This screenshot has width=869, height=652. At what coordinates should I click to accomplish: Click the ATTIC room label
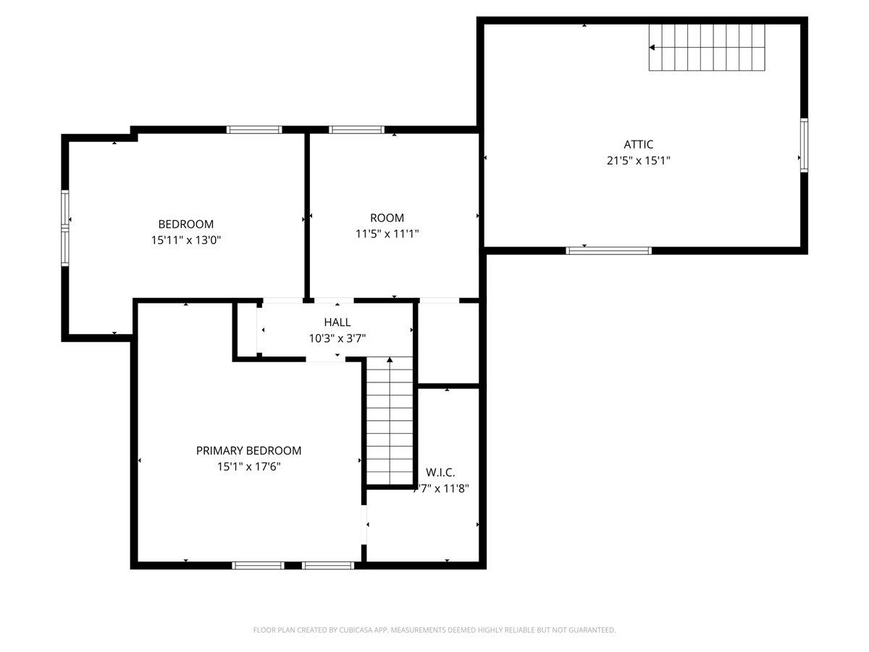tap(638, 145)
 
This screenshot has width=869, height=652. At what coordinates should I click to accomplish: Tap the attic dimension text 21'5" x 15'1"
tap(638, 161)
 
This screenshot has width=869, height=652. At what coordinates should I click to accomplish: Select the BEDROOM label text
tap(186, 225)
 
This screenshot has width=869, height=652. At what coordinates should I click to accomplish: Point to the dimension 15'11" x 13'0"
tap(186, 241)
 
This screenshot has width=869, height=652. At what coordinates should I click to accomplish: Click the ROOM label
tap(387, 218)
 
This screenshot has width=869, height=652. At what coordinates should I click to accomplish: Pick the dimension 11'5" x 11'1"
tap(387, 234)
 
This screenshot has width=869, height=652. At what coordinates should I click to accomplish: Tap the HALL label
tap(337, 322)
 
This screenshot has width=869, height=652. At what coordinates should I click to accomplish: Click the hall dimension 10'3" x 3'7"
tap(337, 338)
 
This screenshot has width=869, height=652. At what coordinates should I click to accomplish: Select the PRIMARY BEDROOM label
tap(248, 451)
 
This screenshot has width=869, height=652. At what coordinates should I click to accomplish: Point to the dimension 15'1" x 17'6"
tap(248, 467)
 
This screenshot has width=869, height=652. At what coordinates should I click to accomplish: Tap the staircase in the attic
tap(707, 47)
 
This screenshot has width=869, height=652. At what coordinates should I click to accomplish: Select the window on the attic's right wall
tap(804, 145)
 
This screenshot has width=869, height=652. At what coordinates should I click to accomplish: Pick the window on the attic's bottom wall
tap(608, 251)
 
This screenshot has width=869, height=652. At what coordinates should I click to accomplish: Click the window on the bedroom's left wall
tap(65, 227)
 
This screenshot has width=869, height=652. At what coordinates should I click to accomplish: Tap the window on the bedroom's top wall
tap(254, 130)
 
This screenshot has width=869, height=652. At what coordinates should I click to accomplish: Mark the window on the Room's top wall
tap(356, 130)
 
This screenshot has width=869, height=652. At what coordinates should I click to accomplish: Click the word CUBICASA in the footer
tap(354, 630)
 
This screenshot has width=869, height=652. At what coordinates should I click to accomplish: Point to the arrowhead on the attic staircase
tap(652, 48)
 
